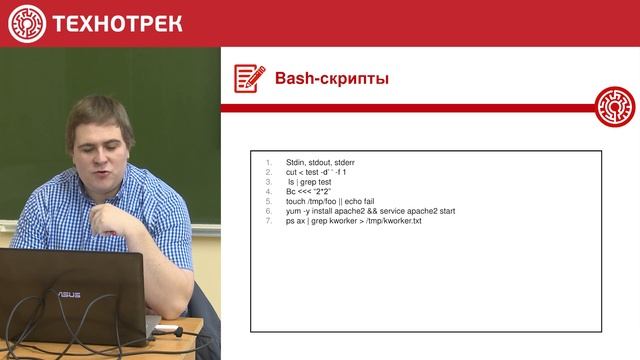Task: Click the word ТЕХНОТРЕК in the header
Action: tap(117, 23)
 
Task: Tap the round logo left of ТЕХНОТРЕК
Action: tap(27, 23)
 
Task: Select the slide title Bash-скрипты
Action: tap(332, 78)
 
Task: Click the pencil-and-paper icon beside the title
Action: tap(249, 78)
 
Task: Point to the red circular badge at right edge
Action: tap(615, 106)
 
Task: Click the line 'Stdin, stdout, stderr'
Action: tap(320, 162)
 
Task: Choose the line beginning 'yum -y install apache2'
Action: tap(370, 211)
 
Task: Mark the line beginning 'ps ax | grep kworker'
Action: tap(354, 221)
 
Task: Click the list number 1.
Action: tap(268, 162)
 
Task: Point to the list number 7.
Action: tap(268, 221)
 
